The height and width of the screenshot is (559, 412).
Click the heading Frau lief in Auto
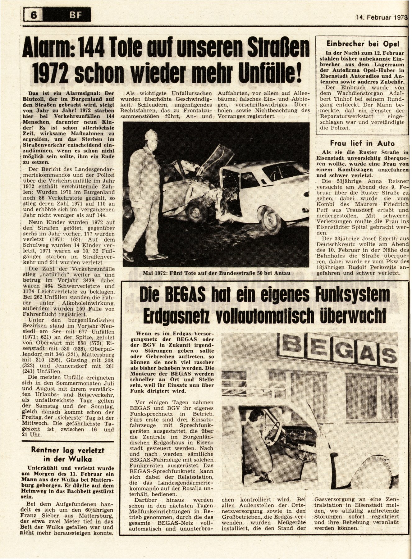coord(362,143)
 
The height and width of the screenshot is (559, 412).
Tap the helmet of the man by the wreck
coord(152,135)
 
